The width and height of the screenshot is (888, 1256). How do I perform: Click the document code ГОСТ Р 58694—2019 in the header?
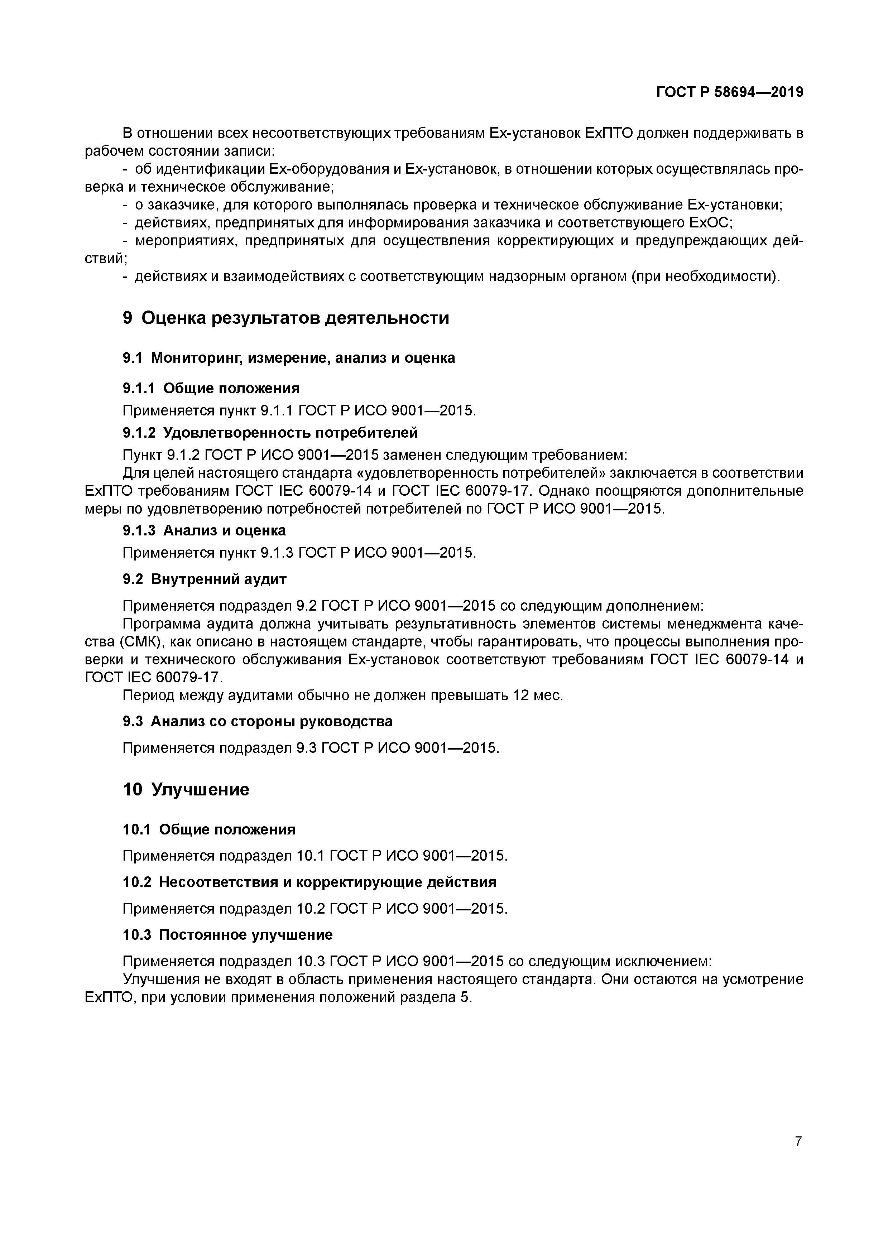coord(729,92)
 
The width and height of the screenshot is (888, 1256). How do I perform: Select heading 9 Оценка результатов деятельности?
coord(285,318)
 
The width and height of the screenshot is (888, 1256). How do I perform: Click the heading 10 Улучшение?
coord(186,789)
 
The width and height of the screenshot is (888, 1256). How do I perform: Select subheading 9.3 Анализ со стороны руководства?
coord(257,721)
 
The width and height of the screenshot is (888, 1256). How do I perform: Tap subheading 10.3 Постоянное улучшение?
coord(227,934)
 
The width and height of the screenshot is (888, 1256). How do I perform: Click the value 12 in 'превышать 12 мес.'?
coord(520,695)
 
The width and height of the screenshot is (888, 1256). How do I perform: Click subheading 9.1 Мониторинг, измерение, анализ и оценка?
coord(288,358)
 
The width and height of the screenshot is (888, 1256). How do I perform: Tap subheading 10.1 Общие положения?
coord(208,829)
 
